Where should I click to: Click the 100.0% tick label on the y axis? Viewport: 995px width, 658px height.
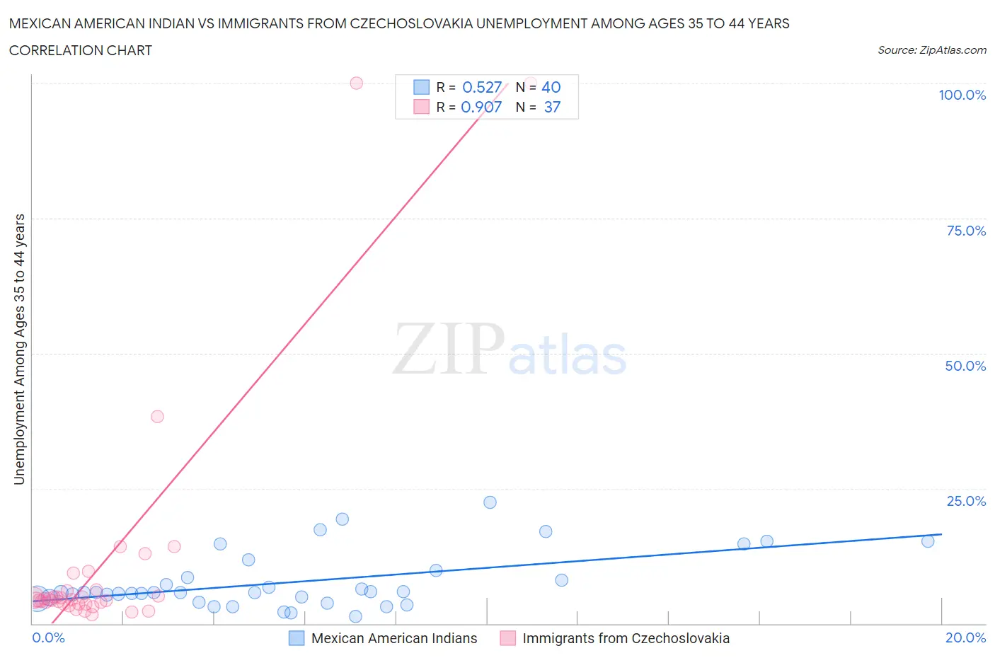click(962, 96)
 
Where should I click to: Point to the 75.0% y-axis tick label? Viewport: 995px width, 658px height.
click(966, 231)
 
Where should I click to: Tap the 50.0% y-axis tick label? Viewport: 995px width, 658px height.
click(965, 366)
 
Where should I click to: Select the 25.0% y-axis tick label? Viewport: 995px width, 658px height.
click(966, 501)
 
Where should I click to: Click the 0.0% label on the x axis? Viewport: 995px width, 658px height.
click(48, 637)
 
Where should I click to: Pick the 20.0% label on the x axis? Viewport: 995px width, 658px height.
click(965, 637)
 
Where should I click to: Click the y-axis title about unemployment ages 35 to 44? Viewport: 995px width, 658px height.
click(19, 349)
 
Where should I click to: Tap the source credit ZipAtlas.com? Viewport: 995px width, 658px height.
click(931, 50)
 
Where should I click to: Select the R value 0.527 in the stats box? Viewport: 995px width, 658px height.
click(481, 87)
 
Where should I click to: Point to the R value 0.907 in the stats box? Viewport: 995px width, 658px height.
click(481, 107)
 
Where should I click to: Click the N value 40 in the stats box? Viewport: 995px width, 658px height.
click(551, 87)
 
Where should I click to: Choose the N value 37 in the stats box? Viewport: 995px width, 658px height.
click(552, 107)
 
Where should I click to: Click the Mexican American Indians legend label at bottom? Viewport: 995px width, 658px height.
click(394, 638)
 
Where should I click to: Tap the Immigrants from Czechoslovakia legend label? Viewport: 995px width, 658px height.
click(626, 638)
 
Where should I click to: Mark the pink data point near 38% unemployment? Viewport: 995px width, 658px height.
click(157, 416)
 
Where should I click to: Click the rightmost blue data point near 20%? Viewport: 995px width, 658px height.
click(928, 541)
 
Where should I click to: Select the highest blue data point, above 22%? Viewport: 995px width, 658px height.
click(490, 502)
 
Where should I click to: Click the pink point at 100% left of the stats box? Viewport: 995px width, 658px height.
click(356, 83)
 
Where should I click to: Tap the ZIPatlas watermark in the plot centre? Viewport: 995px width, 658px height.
click(510, 350)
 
